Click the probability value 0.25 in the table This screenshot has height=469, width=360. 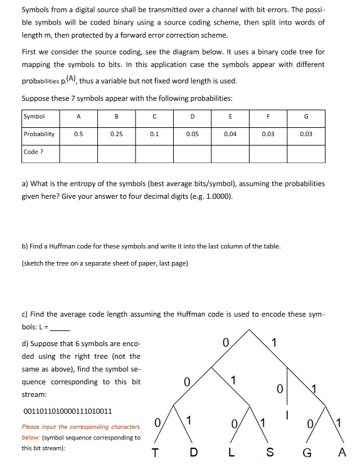tap(117, 134)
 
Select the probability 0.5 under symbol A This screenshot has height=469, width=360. tap(78, 134)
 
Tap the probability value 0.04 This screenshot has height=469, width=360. tap(230, 134)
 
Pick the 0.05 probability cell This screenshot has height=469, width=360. tap(193, 134)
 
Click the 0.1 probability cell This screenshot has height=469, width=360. tap(154, 134)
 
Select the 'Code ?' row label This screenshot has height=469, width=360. tap(34, 152)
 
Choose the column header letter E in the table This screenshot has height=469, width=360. tap(230, 116)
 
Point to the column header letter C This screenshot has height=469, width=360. tap(154, 116)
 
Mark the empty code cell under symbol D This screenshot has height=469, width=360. tap(193, 152)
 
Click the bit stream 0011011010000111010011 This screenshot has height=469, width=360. tap(67, 411)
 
